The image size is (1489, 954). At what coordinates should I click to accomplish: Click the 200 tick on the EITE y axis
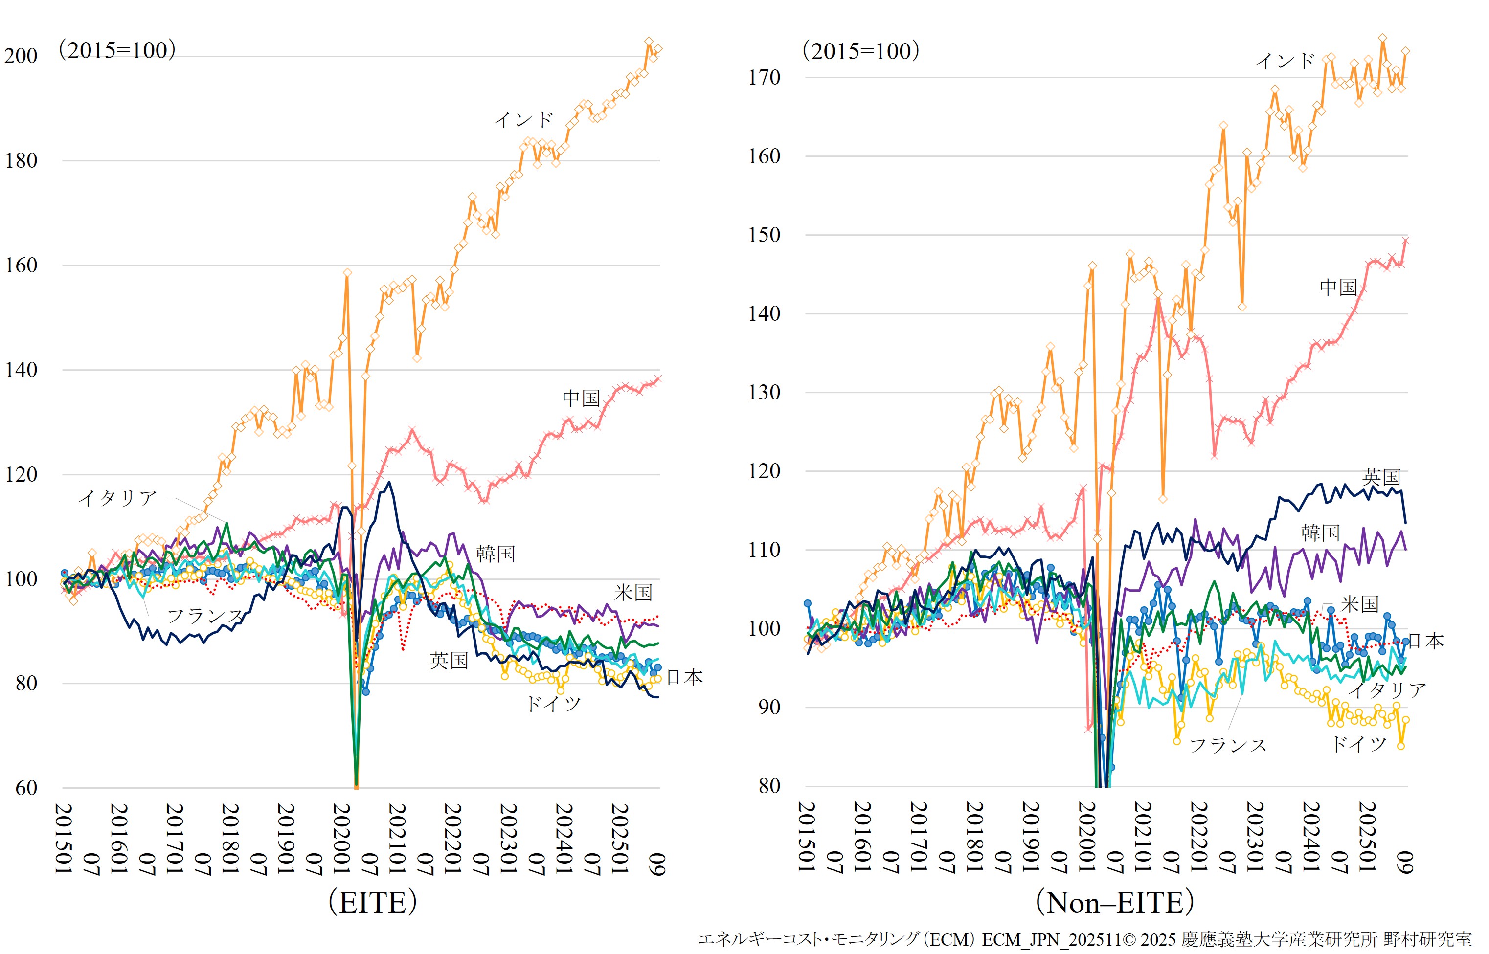21,56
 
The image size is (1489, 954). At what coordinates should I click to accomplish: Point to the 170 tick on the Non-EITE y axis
764,77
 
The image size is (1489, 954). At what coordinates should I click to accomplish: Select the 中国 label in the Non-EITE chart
1338,287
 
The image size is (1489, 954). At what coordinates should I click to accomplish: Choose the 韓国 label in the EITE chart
495,553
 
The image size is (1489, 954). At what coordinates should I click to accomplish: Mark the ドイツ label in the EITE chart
553,704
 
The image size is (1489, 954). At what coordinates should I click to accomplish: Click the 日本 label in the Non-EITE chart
1426,641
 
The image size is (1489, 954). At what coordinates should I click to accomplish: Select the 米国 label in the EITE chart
633,593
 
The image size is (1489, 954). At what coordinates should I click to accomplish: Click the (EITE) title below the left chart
372,902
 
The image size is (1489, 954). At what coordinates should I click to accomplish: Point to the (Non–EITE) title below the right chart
1115,902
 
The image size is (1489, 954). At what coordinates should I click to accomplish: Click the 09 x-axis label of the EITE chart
658,864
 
